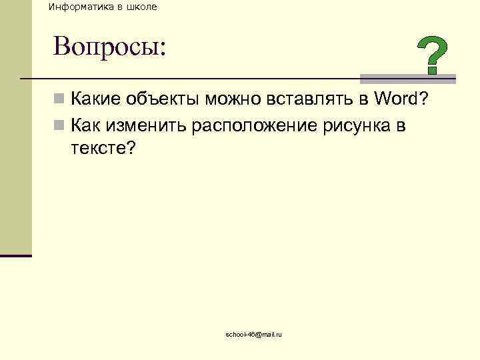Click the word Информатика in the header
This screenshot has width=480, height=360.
point(78,7)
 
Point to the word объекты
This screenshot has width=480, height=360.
point(165,100)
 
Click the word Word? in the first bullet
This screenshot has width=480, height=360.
point(401,100)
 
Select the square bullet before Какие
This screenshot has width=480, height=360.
point(59,101)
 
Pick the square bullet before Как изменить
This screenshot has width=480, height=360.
point(59,125)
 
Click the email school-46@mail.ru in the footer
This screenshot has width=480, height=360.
point(254,334)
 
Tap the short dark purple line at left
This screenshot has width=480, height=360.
point(16,255)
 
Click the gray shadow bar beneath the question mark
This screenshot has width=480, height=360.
point(408,77)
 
